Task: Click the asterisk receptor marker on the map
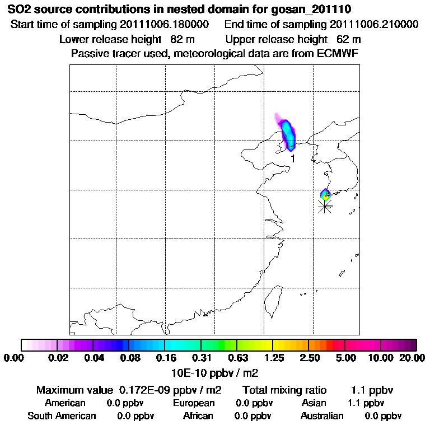[x=324, y=206]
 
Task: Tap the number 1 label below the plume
[x=292, y=159]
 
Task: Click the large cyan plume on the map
[x=288, y=133]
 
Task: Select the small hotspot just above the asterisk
[x=325, y=194]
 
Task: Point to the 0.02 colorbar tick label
[x=58, y=358]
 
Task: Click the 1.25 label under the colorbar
[x=273, y=358]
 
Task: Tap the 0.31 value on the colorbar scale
[x=202, y=358]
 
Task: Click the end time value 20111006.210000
[x=374, y=25]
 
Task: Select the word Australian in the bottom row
[x=322, y=416]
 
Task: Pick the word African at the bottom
[x=198, y=416]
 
